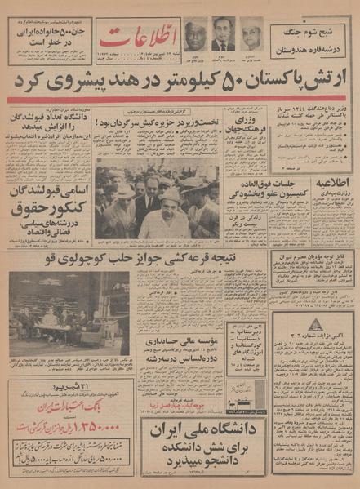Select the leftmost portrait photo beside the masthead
coord(197,34)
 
